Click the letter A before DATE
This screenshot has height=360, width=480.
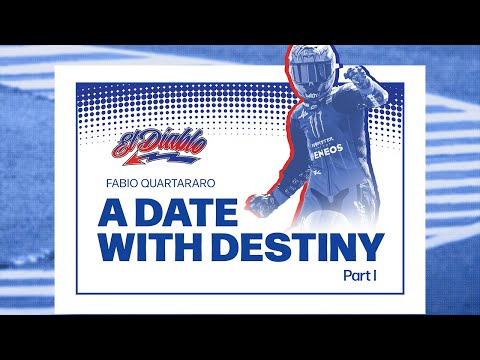pyautogui.click(x=111, y=212)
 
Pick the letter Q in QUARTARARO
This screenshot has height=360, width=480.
pyautogui.click(x=171, y=183)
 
